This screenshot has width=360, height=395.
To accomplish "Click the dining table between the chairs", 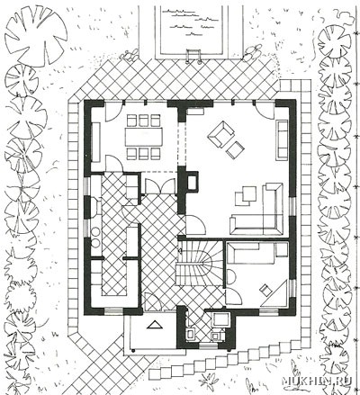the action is click(x=144, y=137).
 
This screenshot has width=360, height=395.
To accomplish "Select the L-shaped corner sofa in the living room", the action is click(x=257, y=210).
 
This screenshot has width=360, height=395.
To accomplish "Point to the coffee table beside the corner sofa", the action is click(x=246, y=195).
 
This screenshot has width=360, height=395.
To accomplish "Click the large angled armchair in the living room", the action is click(x=220, y=134).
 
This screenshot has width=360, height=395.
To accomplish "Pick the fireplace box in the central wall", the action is click(x=192, y=182).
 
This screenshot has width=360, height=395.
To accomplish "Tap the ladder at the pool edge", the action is click(x=194, y=56).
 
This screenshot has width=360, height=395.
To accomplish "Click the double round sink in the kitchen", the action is click(x=95, y=237).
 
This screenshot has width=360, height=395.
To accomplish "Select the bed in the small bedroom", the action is click(x=250, y=253).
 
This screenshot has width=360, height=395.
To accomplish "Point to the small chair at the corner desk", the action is click(x=265, y=289).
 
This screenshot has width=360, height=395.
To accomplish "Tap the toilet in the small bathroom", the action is click(x=191, y=334).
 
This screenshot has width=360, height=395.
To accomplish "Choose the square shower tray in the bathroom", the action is click(x=220, y=319).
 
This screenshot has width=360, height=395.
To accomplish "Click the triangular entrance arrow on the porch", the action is click(x=155, y=325).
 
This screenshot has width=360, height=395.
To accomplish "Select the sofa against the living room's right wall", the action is click(x=282, y=139).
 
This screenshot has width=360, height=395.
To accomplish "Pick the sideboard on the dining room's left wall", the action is click(x=95, y=142).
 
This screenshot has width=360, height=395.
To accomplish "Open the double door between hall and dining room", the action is click(x=160, y=186).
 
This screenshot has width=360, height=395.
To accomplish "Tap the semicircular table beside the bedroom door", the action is click(x=229, y=276).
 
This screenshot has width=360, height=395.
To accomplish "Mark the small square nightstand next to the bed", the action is click(x=282, y=250).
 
